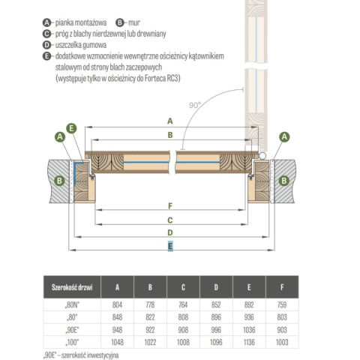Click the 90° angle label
point(196,106)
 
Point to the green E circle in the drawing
point(71,129)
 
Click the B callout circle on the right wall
point(284,181)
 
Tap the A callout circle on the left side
point(59,136)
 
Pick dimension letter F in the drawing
point(171,205)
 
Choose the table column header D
point(216,286)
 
